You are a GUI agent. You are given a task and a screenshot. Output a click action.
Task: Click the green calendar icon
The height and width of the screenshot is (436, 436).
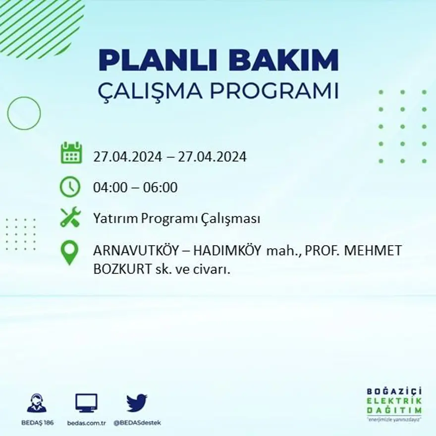(x=71, y=153)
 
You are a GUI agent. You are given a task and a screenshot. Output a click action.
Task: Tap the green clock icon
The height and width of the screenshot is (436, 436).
(x=70, y=187)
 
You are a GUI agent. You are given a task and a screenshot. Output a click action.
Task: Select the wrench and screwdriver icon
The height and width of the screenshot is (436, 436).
(x=70, y=218)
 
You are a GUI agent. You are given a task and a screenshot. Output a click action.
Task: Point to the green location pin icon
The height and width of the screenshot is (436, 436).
(x=69, y=252)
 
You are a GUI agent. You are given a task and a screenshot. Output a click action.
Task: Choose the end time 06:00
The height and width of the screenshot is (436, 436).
(x=160, y=188)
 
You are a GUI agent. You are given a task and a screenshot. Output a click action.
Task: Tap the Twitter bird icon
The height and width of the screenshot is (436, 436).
(x=136, y=403)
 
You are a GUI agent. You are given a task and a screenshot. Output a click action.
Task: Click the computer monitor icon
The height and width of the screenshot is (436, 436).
(x=86, y=403)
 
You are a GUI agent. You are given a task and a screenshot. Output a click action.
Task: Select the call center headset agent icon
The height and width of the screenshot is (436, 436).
(x=37, y=403)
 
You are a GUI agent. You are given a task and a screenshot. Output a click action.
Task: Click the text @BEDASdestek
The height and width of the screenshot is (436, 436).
(x=137, y=423)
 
